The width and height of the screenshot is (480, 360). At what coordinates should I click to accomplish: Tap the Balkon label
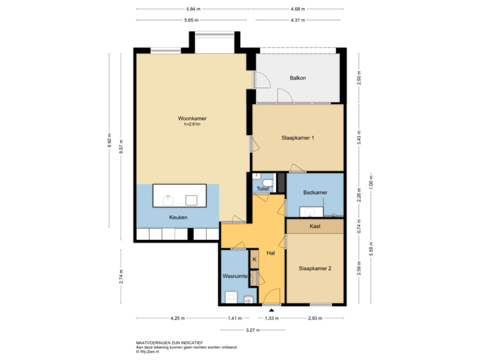point(297,78)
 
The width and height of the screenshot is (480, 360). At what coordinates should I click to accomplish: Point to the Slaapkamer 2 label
point(315,268)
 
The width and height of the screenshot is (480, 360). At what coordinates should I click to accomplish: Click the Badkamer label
point(315,193)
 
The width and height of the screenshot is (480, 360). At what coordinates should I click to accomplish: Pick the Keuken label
point(178,217)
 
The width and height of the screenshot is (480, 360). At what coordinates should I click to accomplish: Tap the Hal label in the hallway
point(271,253)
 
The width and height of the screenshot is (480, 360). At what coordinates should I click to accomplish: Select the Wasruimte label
point(235,275)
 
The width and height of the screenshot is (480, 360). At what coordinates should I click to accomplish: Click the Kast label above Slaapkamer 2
point(315,227)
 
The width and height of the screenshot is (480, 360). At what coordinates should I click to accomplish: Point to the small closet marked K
point(254,259)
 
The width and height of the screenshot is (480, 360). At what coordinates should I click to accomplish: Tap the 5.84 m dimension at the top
point(194,9)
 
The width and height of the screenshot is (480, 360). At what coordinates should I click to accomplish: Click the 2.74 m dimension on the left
point(121,277)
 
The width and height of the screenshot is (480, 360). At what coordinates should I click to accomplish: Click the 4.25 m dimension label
point(177,319)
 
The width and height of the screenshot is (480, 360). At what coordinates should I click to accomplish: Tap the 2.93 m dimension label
point(315,319)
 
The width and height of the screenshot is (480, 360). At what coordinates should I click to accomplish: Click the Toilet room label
point(263,189)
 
